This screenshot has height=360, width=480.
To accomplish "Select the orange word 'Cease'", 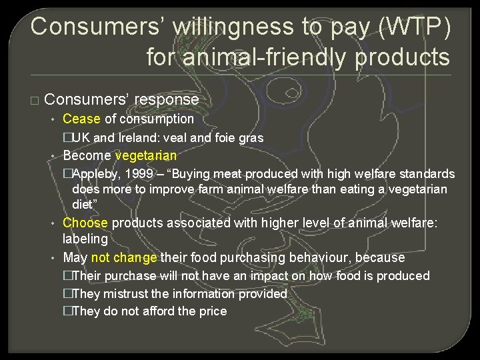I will [x=81, y=119].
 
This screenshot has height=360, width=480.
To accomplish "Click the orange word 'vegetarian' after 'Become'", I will [x=146, y=156].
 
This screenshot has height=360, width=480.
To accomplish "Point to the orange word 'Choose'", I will [x=85, y=223].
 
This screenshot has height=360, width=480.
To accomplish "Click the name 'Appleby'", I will [x=97, y=174].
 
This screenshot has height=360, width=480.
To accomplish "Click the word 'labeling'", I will [x=85, y=239].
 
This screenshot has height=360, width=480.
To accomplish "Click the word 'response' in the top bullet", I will [x=167, y=100].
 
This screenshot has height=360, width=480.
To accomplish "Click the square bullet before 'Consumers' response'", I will [x=35, y=101].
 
